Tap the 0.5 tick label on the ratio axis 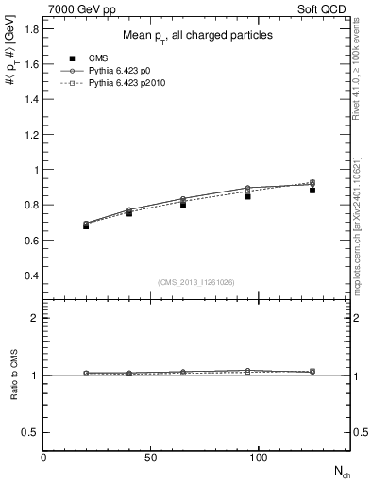30,431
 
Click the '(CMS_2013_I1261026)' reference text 195,282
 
